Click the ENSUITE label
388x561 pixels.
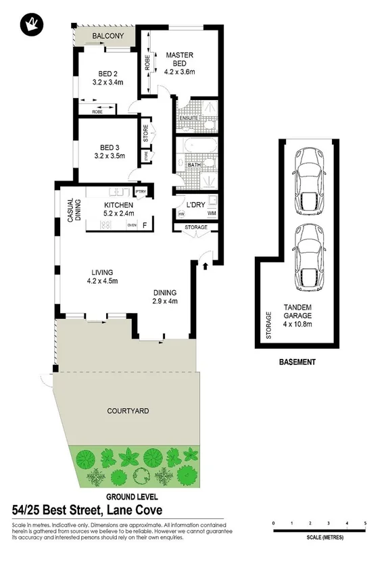coord(189,118)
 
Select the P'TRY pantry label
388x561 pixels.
coord(141,192)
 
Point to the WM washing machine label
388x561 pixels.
coord(212,214)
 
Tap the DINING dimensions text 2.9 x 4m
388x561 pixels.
coord(164,301)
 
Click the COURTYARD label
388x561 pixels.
coord(128,410)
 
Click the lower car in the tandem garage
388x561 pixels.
coord(310,255)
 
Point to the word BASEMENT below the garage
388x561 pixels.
coord(297,362)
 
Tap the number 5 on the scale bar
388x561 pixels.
coord(365,524)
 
